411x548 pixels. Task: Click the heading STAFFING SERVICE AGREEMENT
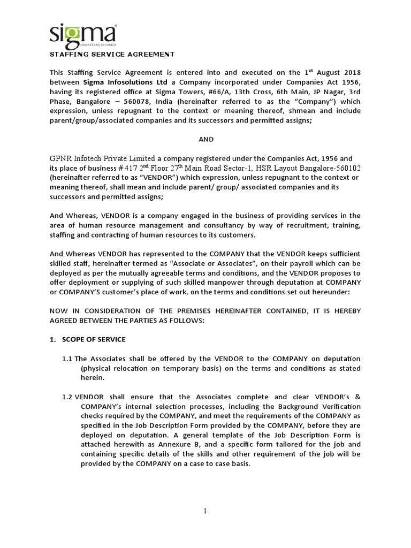(x=112, y=54)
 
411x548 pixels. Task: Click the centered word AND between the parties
(x=205, y=139)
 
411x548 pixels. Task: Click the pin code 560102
(x=342, y=168)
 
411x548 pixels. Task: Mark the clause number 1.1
(x=67, y=358)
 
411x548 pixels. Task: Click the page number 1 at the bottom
(x=205, y=511)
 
